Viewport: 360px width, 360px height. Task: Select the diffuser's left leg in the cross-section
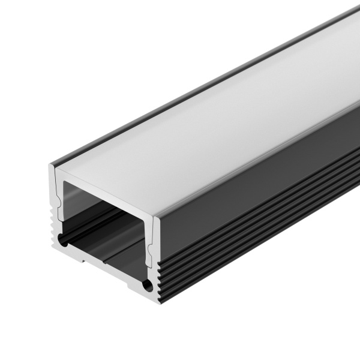point(59,198)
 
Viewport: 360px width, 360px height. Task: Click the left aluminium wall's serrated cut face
point(53,222)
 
